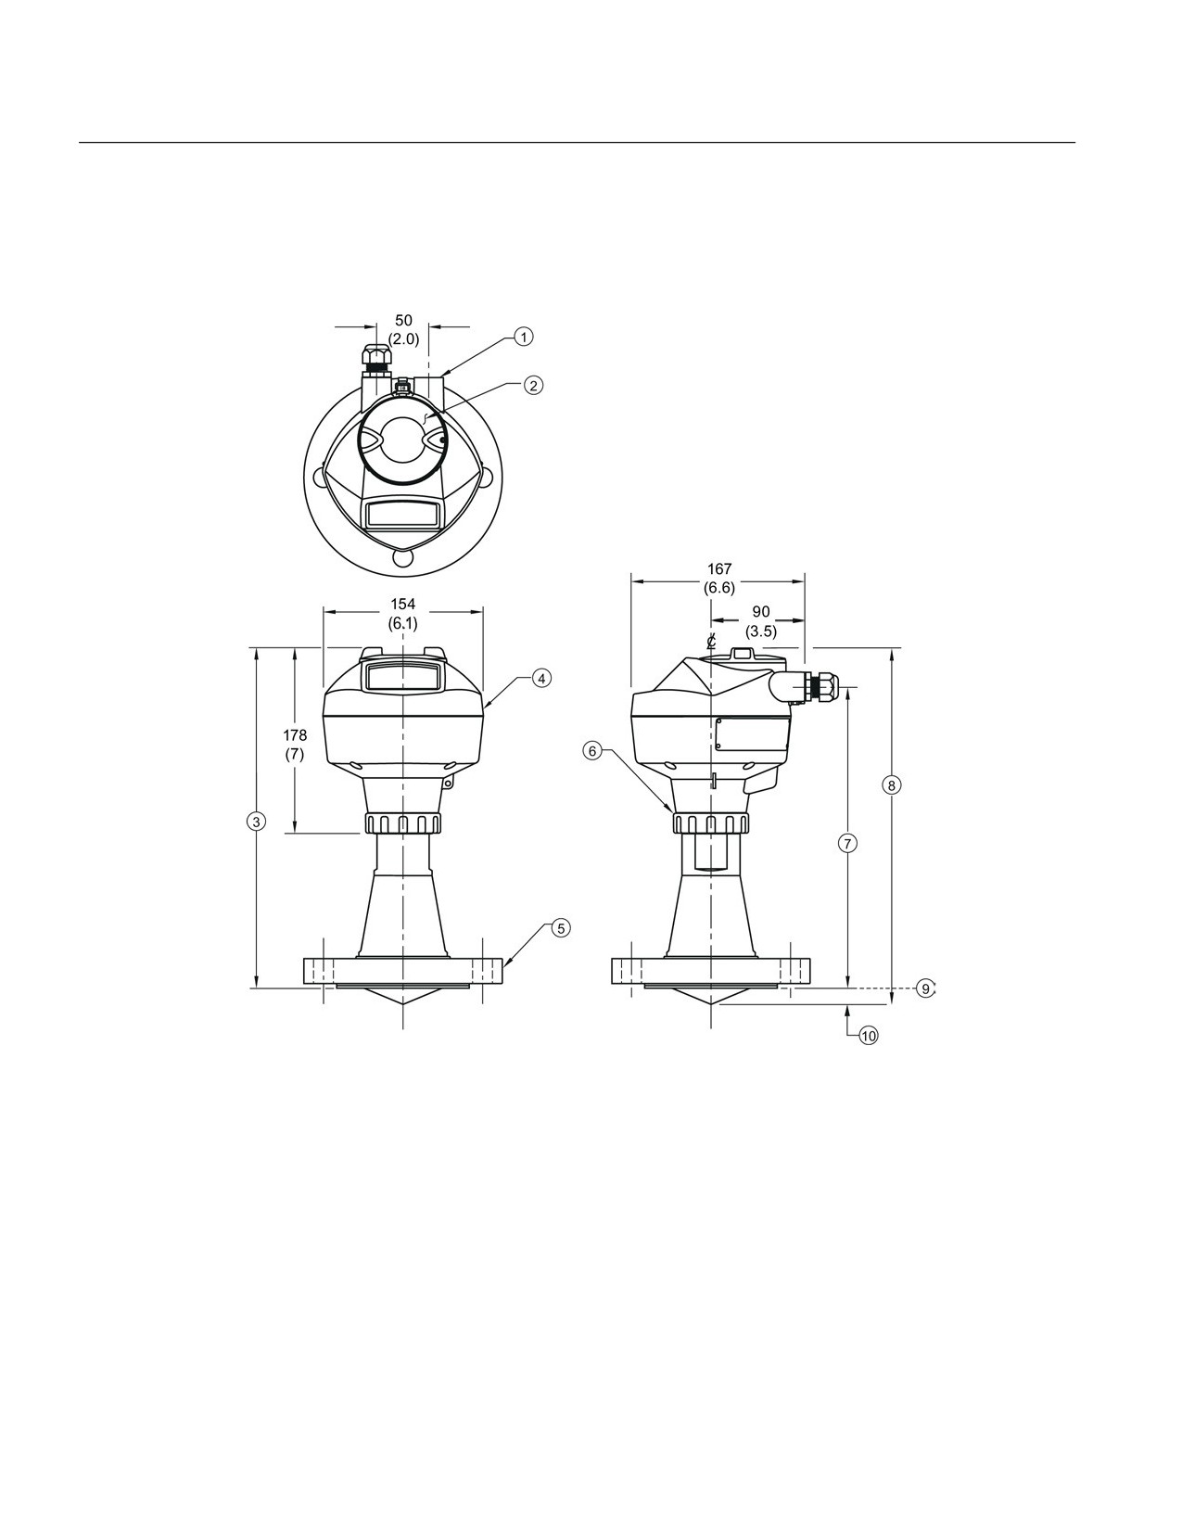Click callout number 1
(523, 337)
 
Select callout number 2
(533, 385)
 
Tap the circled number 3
(257, 821)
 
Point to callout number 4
(540, 678)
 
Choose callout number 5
(560, 928)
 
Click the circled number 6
(592, 751)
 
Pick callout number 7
(848, 843)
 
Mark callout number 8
(891, 784)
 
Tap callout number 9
(926, 988)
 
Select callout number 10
(869, 1036)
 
